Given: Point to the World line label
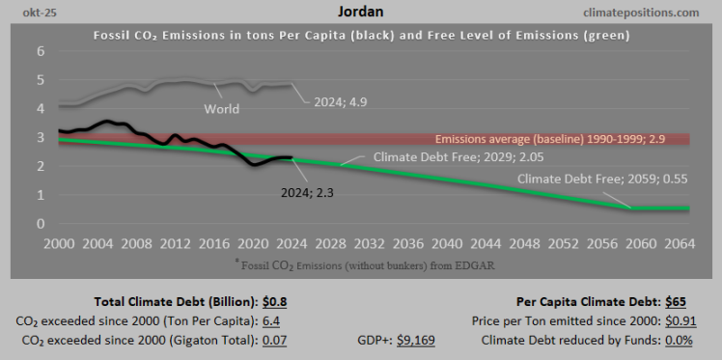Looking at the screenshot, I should click(x=221, y=109).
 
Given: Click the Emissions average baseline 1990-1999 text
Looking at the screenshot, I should click(x=561, y=139).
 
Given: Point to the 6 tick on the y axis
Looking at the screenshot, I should click(x=41, y=52).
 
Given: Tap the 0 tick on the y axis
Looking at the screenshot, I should click(x=41, y=224).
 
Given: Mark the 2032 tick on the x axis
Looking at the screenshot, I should click(x=371, y=242).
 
